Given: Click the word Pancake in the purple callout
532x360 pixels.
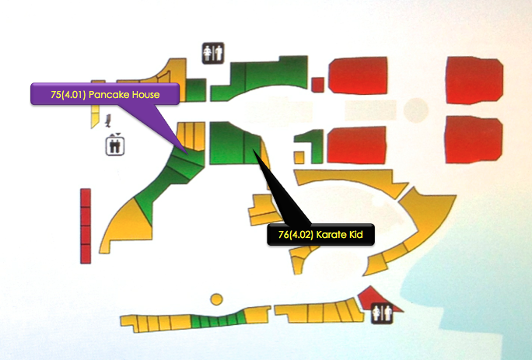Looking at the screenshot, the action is click(x=110, y=94).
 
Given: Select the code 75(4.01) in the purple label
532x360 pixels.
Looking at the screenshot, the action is click(x=68, y=94).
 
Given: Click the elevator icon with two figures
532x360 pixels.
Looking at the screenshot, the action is click(x=115, y=145).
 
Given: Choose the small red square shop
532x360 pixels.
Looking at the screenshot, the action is click(x=317, y=84).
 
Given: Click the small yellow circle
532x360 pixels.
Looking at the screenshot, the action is click(x=217, y=299).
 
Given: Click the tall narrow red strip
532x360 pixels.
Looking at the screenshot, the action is click(x=86, y=225).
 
